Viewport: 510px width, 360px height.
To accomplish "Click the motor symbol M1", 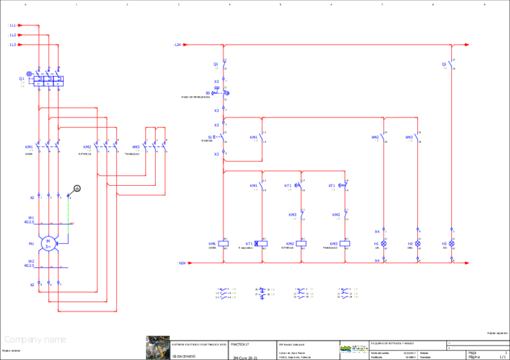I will point(48,243).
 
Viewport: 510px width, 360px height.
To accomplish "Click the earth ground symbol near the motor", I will point(77,188).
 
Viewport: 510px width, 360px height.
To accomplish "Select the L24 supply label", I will point(177,44).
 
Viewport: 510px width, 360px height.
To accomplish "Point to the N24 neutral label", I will point(182,263).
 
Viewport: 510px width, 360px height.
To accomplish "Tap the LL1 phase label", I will point(13,25).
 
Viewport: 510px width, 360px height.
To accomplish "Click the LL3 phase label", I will point(13,44).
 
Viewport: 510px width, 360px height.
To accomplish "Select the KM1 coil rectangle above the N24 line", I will point(224,244).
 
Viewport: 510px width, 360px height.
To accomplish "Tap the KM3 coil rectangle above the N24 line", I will point(343,244).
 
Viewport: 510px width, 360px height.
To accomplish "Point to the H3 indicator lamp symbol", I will point(452,244).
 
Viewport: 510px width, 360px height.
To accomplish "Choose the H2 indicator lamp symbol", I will point(418,244).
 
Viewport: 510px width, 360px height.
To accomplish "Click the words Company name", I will point(35,340).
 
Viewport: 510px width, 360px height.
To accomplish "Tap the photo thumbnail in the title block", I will point(157,347).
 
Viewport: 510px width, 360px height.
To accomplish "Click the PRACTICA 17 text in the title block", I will point(240,344).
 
